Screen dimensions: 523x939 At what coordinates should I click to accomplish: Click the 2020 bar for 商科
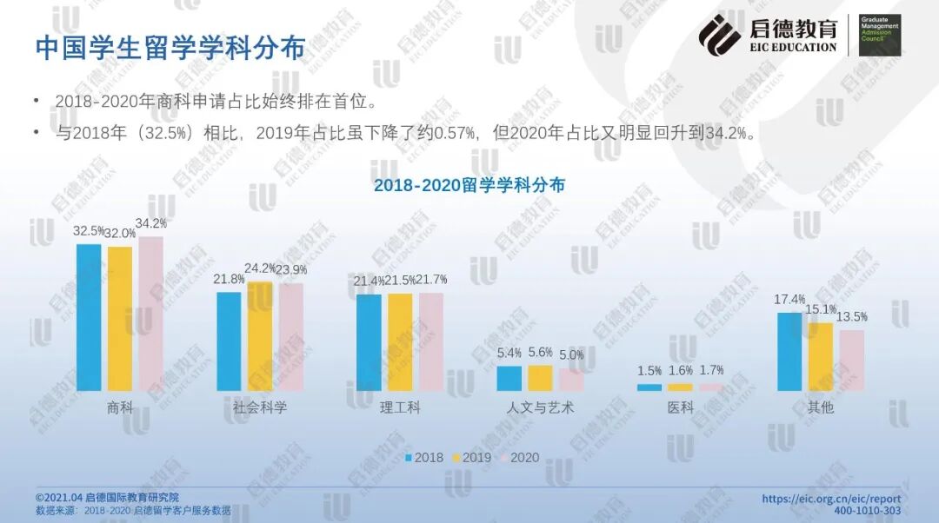pos(150,314)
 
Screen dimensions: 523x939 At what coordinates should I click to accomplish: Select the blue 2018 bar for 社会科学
pos(229,341)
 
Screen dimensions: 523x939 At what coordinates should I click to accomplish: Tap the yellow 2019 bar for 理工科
pos(400,342)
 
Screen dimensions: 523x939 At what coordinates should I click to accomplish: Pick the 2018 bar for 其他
pos(789,352)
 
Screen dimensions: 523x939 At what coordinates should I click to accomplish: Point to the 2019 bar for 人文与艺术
pos(540,378)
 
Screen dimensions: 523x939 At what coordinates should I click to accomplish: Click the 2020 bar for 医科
pos(711,387)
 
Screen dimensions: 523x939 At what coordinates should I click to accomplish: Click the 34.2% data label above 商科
pos(151,223)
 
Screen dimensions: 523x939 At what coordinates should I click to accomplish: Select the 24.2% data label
pos(261,268)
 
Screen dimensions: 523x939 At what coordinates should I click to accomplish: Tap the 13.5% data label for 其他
pos(853,316)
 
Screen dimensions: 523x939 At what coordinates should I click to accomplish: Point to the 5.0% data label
pos(571,354)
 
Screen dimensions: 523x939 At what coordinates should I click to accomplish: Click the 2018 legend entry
pos(424,458)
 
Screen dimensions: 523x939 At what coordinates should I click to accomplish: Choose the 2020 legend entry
pos(520,458)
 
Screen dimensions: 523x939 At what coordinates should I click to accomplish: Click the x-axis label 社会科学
pos(260,407)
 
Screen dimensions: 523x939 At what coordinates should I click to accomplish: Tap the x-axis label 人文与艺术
pos(540,407)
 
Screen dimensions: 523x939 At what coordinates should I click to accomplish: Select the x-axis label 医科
pos(681,407)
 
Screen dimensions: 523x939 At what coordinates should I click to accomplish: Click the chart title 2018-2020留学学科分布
pos(469,185)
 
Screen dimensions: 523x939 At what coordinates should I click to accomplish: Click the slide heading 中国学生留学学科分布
pos(170,48)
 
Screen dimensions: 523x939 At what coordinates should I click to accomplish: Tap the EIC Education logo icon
pos(720,35)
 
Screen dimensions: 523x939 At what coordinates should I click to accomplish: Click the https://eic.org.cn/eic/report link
pos(831,499)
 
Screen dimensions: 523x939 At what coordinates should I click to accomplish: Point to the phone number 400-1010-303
pos(867,511)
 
